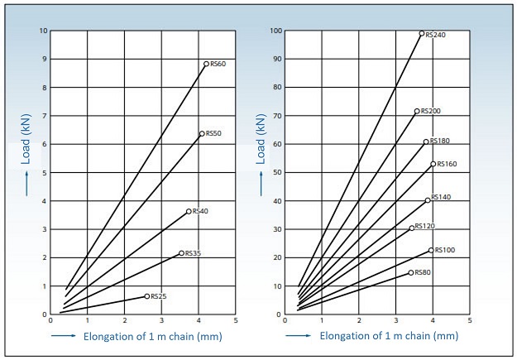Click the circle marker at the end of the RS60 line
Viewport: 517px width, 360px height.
(x=207, y=64)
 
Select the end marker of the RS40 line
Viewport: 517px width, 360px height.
(x=189, y=211)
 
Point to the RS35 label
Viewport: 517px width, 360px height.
(x=193, y=253)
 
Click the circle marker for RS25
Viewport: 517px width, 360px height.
(x=147, y=295)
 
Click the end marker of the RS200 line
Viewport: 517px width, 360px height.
(x=417, y=111)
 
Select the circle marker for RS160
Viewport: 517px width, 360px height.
(x=433, y=164)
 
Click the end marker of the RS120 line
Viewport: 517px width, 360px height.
(x=411, y=228)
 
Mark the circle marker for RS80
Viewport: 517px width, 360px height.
(x=410, y=272)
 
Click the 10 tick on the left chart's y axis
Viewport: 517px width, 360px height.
(x=43, y=31)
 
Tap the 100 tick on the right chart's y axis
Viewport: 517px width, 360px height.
(x=277, y=31)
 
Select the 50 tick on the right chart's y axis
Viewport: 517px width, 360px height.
(x=279, y=173)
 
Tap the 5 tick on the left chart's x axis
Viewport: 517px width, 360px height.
(x=236, y=320)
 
